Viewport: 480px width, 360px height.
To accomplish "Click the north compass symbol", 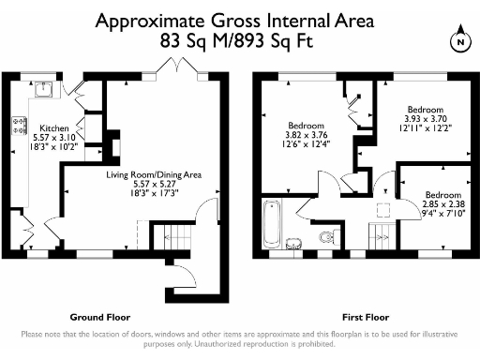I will [x=459, y=41].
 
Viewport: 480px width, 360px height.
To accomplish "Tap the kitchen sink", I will [x=42, y=92].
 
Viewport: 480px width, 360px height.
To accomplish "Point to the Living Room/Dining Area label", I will [x=153, y=173].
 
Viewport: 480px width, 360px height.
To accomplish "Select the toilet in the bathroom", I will [x=327, y=236].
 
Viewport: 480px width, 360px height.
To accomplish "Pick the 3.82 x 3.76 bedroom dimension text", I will [x=306, y=134].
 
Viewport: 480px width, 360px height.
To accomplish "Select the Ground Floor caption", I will [x=100, y=317].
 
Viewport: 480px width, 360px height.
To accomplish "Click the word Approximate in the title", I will [x=153, y=20].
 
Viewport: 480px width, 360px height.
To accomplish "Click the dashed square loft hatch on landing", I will [x=382, y=211].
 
